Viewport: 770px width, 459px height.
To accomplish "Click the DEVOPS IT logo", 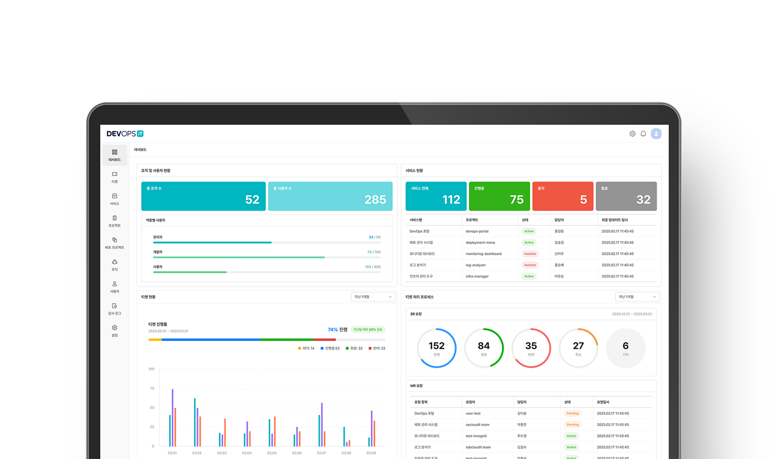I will click(125, 134).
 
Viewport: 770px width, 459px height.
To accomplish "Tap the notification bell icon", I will click(643, 134).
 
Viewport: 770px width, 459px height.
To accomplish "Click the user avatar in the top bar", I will click(656, 134).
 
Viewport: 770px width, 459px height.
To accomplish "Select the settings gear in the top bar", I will click(632, 134).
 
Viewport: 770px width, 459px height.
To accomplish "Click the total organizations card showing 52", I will click(203, 196).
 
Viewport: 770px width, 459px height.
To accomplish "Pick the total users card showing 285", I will click(330, 196).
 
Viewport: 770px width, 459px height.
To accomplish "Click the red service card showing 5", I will click(563, 196).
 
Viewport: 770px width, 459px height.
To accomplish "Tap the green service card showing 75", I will click(499, 196).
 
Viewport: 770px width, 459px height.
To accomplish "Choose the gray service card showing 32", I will click(626, 196).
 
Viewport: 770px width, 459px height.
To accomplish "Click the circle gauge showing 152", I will click(436, 348).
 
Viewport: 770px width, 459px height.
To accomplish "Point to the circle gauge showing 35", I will click(531, 348).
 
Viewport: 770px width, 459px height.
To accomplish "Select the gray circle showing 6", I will click(626, 348).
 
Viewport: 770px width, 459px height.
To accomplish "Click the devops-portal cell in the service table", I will click(477, 231).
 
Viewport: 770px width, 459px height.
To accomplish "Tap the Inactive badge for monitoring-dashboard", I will click(530, 254).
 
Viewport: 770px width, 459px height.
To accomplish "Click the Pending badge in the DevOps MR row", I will click(572, 414).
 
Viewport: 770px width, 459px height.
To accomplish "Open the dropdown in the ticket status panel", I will click(373, 297).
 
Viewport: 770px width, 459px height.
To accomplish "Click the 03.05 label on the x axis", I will click(272, 453).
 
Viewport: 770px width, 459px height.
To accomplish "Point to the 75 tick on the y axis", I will click(152, 388).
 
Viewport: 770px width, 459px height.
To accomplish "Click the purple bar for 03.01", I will click(173, 418).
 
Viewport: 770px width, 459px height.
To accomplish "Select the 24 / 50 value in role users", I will click(374, 237).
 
